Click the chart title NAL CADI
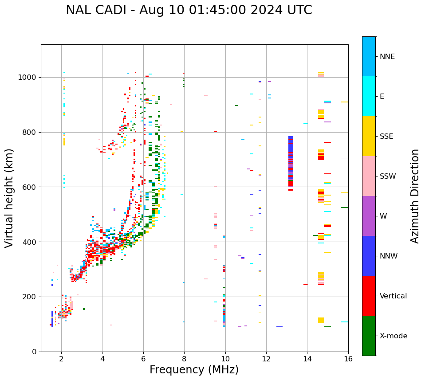pyautogui.click(x=189, y=10)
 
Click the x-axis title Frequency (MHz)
pyautogui.click(x=194, y=370)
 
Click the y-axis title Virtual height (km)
pyautogui.click(x=9, y=198)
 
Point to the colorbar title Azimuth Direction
pyautogui.click(x=415, y=196)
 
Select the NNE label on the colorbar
pyautogui.click(x=387, y=57)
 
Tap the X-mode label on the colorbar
pyautogui.click(x=393, y=336)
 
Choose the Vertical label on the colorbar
pyautogui.click(x=393, y=296)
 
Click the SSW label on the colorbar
pyautogui.click(x=388, y=176)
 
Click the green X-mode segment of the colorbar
pyautogui.click(x=369, y=336)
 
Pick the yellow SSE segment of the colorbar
pyautogui.click(x=369, y=136)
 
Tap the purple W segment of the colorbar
pyautogui.click(x=369, y=216)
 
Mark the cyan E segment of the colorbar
pyautogui.click(x=369, y=96)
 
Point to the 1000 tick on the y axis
pyautogui.click(x=28, y=78)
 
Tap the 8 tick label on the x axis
pyautogui.click(x=184, y=359)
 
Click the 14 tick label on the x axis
pyautogui.click(x=307, y=359)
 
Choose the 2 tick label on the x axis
pyautogui.click(x=61, y=359)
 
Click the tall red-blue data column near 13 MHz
pyautogui.click(x=291, y=163)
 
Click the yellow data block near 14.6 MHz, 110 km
pyautogui.click(x=321, y=320)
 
